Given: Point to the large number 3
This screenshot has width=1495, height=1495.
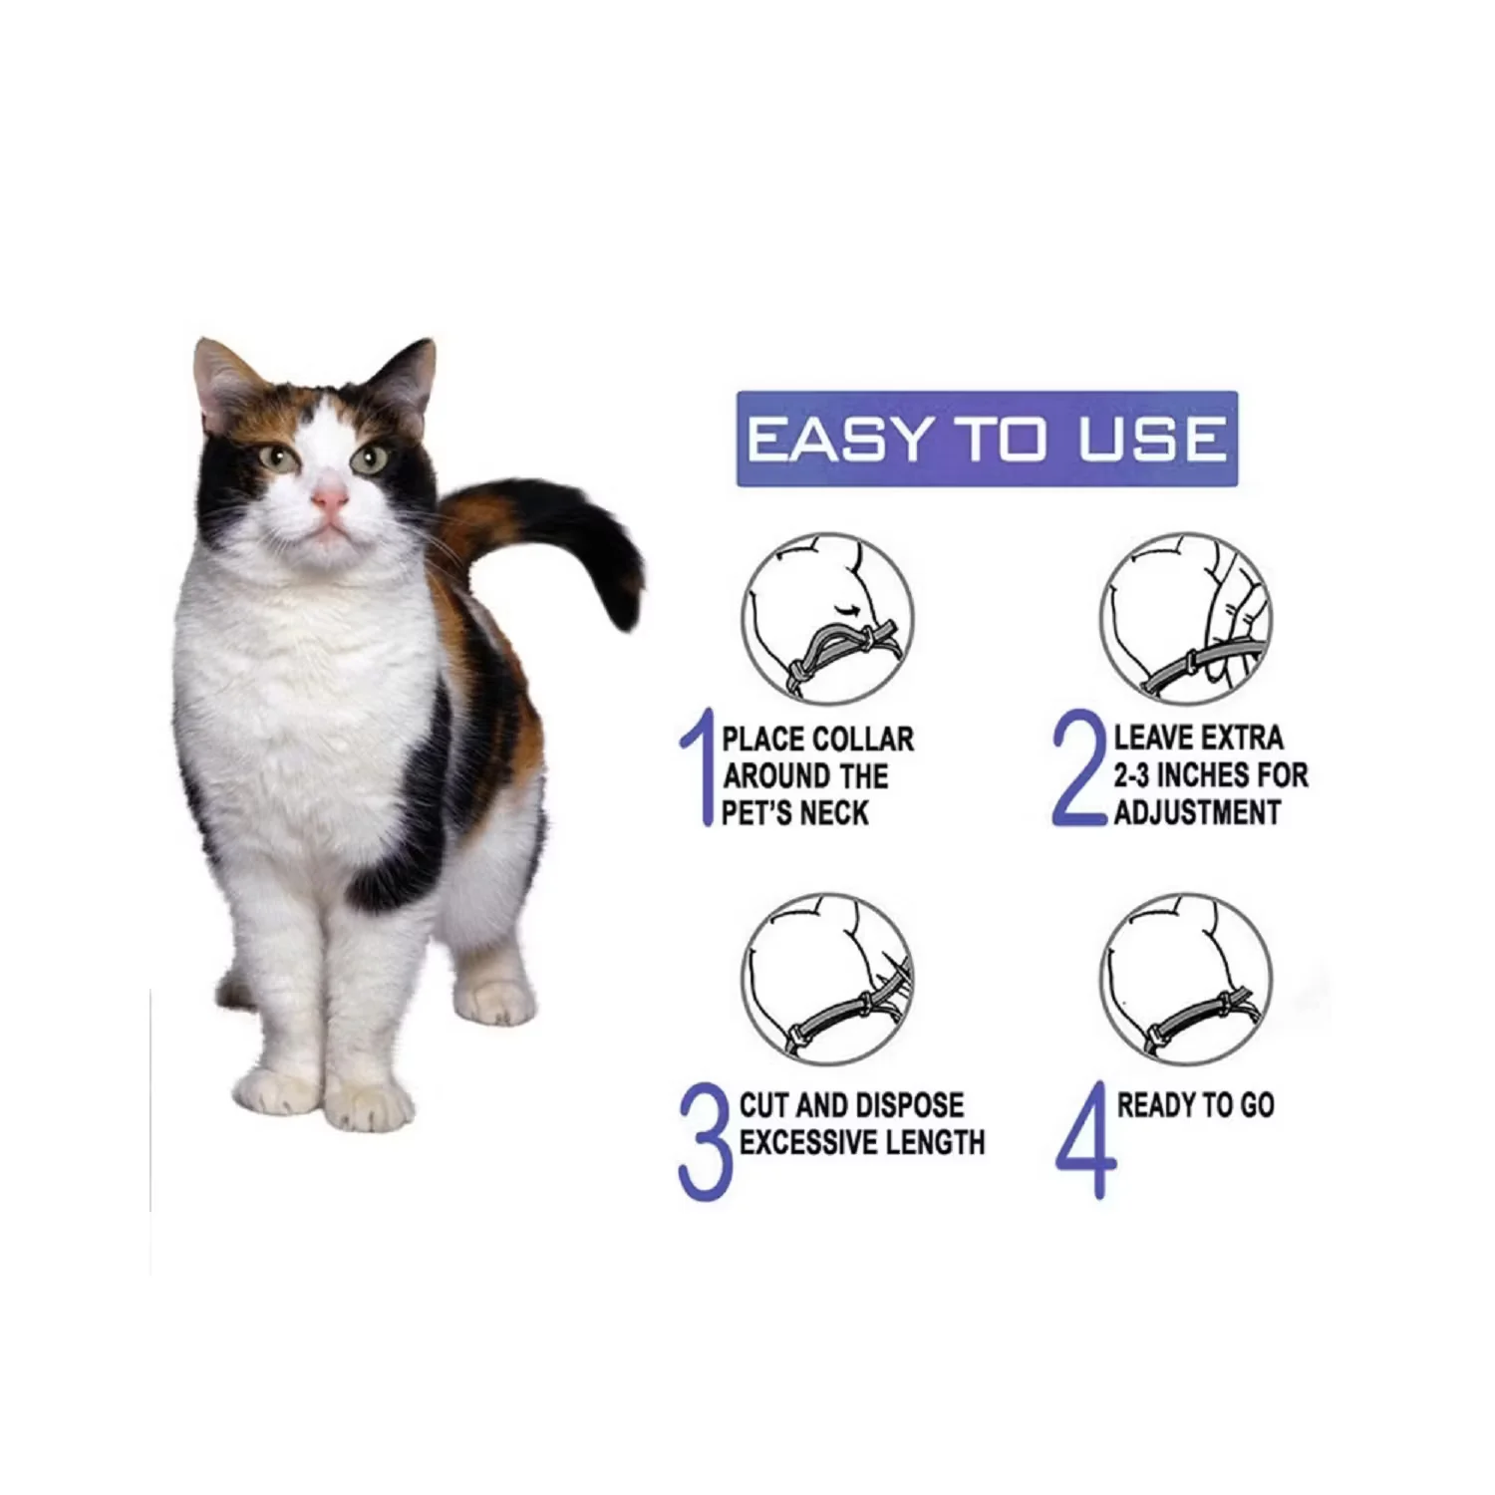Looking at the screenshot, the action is point(706,1140).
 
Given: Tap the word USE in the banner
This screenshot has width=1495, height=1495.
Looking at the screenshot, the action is point(1152,440).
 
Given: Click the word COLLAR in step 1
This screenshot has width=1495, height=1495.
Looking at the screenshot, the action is point(864,740).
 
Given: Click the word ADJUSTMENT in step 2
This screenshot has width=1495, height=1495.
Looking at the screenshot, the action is point(1197,812).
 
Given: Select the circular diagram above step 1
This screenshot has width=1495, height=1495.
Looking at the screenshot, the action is point(827,619).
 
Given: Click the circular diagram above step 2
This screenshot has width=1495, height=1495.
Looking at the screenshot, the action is point(1186,619).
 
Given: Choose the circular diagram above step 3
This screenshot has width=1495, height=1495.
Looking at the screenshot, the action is point(827,979).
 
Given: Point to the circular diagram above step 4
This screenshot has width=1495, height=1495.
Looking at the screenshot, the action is point(1186,979).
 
